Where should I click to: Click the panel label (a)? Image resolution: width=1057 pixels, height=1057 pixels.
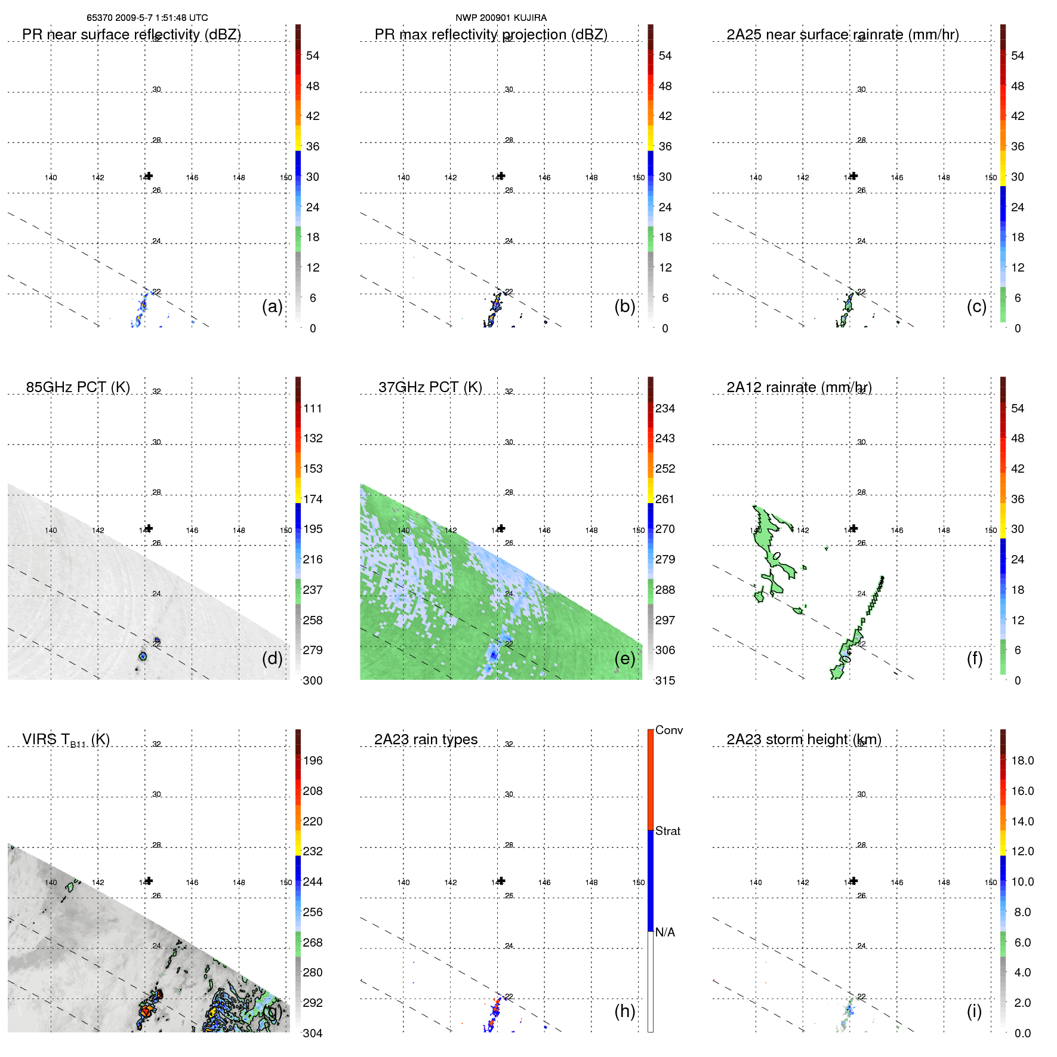272,307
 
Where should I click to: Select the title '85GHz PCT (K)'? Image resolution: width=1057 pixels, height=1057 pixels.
78,387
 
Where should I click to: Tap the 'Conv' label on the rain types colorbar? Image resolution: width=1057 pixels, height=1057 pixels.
668,730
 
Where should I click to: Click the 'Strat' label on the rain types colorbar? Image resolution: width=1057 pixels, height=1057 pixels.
667,831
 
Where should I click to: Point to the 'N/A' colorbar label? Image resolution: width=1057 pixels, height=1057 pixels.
665,932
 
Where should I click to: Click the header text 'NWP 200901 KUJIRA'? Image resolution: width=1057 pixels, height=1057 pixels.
501,18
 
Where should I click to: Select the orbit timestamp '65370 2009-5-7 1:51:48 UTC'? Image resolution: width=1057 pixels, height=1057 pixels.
147,18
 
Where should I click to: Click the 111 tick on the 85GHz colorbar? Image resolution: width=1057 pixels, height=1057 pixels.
313,408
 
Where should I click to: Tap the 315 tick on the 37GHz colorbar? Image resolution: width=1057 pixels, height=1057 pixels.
665,680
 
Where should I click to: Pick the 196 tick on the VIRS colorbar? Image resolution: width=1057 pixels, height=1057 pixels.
313,760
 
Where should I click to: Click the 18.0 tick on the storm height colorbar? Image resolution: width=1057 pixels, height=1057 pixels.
1022,760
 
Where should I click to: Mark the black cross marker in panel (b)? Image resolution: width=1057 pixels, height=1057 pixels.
501,175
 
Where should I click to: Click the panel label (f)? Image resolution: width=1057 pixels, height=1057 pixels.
975,658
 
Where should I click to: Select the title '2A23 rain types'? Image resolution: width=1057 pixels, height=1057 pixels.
426,739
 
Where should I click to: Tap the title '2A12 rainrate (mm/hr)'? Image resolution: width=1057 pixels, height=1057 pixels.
799,387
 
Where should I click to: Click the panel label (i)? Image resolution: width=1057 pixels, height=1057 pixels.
974,1011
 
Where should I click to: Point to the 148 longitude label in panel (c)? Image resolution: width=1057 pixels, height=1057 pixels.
944,178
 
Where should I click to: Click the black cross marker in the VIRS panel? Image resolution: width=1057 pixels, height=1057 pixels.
149,880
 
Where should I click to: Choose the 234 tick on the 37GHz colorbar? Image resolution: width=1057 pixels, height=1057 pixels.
665,408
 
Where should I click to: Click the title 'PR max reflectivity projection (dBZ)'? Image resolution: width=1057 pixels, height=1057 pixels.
491,35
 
